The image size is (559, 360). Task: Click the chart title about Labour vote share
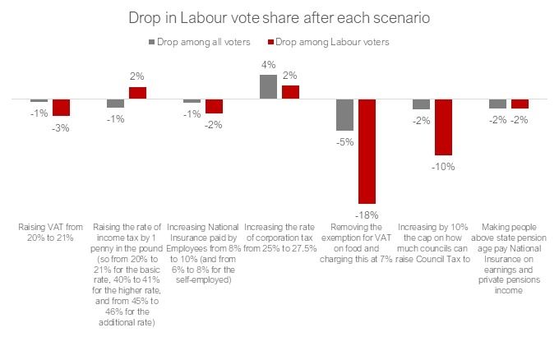pos(279,17)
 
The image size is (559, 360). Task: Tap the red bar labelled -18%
pos(367,151)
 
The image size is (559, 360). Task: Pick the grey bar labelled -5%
pos(344,114)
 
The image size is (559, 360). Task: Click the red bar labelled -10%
pos(443,127)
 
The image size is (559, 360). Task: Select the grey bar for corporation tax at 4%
pos(268,87)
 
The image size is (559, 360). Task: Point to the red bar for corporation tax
pos(290,92)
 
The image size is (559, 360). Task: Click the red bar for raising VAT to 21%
pos(62,107)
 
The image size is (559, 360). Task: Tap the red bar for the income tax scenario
pos(137,93)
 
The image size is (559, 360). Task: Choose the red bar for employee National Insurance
pos(214,105)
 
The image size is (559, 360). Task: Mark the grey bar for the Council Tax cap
pos(421,104)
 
